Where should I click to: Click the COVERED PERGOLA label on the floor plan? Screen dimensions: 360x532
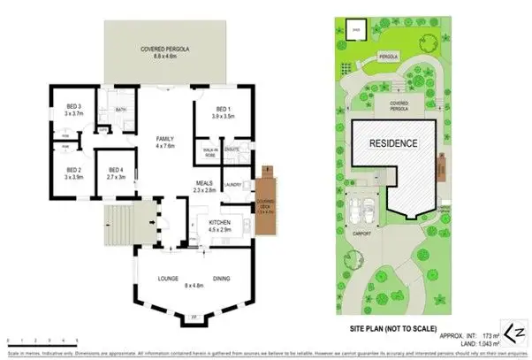[x=160, y=50]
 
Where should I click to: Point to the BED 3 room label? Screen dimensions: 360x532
[x=72, y=109]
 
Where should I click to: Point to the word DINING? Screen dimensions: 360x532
[x=222, y=279]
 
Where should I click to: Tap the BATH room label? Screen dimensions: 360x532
[x=120, y=110]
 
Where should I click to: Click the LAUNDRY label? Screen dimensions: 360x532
[x=234, y=184]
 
